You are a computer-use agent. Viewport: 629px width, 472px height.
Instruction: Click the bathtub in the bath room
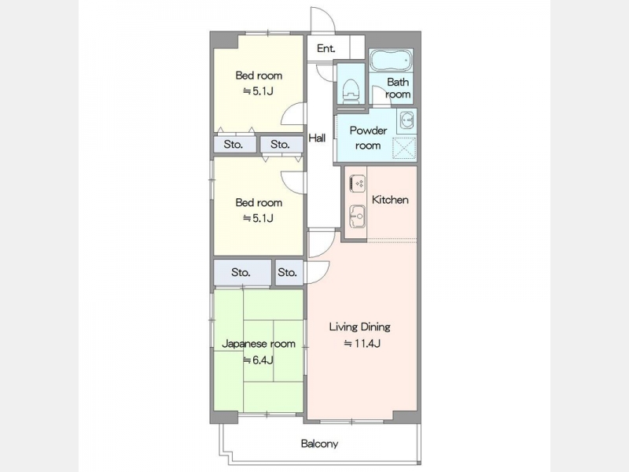tap(390, 61)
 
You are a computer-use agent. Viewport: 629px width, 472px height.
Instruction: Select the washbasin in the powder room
tap(406, 120)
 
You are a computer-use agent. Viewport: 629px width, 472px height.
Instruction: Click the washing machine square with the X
tap(404, 148)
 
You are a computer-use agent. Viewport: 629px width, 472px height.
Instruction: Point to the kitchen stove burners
tap(358, 183)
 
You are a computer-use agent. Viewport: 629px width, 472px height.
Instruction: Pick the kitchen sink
tap(357, 217)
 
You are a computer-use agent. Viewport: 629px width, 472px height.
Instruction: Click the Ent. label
tap(326, 49)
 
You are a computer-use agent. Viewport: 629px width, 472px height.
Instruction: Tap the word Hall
tap(317, 138)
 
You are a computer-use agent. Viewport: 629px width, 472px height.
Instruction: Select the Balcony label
tap(319, 444)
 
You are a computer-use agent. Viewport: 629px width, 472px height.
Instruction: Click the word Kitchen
tap(390, 200)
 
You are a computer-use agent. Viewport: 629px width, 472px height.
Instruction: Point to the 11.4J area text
tap(362, 344)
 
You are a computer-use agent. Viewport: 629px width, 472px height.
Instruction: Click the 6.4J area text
tap(259, 360)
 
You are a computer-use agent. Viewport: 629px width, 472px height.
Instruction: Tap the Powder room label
tap(368, 138)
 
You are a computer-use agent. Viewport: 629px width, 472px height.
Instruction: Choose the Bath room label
tap(398, 88)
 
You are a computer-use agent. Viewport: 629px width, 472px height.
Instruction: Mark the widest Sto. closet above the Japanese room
tap(242, 273)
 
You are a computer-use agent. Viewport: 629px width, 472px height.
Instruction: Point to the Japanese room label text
tap(259, 344)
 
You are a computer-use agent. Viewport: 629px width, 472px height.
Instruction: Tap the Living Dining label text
tap(360, 326)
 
